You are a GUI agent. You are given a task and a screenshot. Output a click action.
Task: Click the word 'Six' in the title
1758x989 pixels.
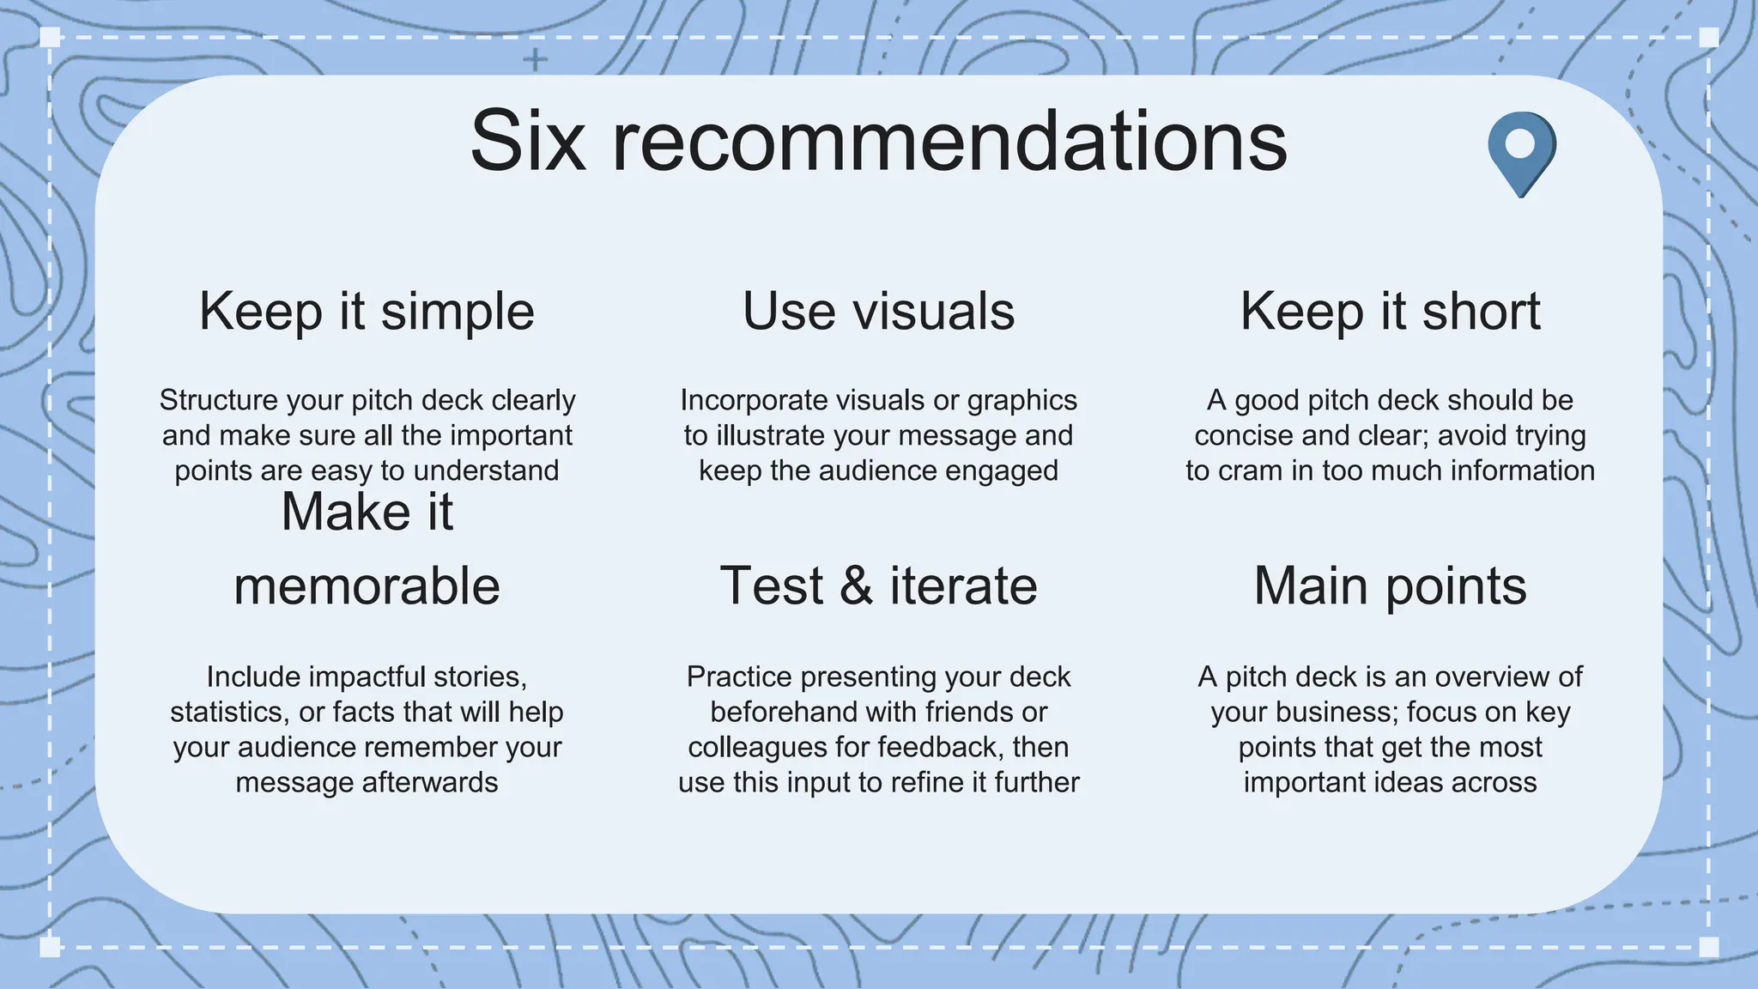click(527, 142)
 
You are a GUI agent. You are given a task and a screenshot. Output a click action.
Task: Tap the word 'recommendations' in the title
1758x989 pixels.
click(949, 142)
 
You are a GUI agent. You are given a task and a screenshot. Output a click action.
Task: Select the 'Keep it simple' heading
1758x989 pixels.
click(367, 311)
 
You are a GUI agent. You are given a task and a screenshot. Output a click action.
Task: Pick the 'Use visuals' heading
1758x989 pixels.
click(878, 311)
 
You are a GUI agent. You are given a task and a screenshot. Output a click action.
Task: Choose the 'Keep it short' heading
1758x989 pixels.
click(1390, 311)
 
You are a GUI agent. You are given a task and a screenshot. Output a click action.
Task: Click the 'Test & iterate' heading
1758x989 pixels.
click(878, 586)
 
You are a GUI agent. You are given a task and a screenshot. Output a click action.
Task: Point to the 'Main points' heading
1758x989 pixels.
click(1390, 586)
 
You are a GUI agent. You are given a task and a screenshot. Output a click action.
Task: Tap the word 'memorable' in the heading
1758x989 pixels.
click(367, 586)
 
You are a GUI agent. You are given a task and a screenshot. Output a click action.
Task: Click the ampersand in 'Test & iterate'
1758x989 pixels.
click(856, 586)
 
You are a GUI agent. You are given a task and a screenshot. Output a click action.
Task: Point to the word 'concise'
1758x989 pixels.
click(1244, 435)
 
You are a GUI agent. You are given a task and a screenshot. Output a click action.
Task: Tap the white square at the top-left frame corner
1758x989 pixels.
click(50, 37)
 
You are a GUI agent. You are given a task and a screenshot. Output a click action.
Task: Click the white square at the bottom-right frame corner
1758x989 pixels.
click(1709, 947)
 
